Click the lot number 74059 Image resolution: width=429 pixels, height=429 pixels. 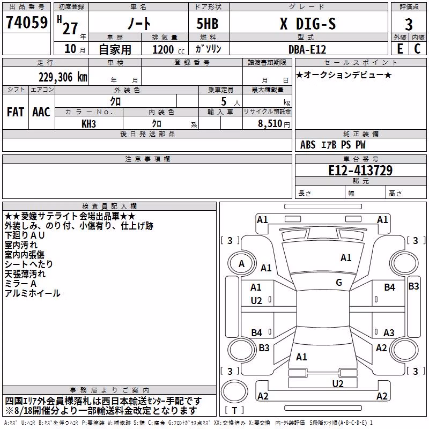tap(27, 23)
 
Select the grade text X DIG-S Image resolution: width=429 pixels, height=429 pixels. tap(308, 24)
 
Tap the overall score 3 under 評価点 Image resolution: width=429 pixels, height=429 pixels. tap(409, 24)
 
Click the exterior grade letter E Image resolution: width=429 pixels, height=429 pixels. tap(400, 49)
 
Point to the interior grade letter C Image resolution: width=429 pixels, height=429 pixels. tap(417, 49)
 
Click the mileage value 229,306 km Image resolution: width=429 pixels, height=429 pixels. tap(63, 77)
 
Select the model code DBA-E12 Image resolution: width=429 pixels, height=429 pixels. tap(307, 49)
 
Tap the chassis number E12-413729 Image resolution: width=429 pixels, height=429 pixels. tap(360, 170)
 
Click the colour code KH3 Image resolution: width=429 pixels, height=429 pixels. tap(88, 124)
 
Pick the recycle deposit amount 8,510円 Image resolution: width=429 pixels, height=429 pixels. tap(274, 124)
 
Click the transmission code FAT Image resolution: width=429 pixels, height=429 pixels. tap(16, 112)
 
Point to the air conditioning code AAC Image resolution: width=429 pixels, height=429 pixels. tap(41, 112)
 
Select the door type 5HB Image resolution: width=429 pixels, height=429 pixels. tap(208, 24)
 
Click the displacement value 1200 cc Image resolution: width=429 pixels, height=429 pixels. tap(168, 49)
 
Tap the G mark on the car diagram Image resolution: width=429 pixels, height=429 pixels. tap(339, 283)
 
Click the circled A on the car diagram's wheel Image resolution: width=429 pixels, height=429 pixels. tap(241, 264)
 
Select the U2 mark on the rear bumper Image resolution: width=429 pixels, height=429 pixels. tap(338, 384)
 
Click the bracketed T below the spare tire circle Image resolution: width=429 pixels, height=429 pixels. tap(234, 411)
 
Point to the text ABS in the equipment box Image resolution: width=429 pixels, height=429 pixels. tap(308, 145)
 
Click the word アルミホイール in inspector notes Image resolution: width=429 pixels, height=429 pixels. tap(32, 293)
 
